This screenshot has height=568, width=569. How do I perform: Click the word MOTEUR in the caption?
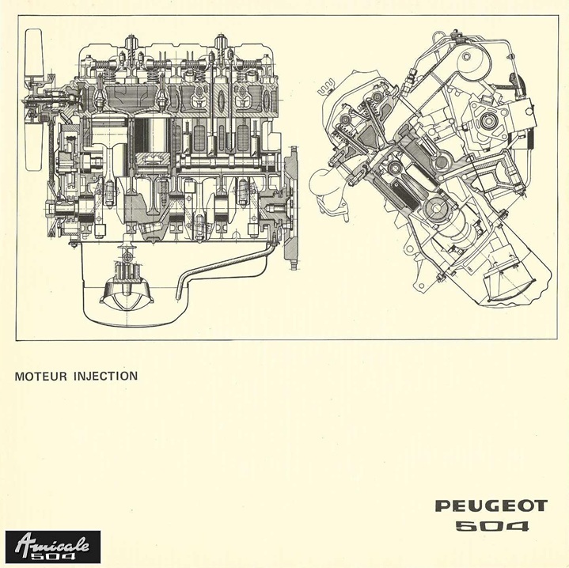(41, 376)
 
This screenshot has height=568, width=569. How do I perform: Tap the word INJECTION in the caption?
(105, 376)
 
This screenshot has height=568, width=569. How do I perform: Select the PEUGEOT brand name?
(491, 506)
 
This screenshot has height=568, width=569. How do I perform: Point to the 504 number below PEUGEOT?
(492, 526)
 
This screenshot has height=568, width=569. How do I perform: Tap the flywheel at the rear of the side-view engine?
(292, 207)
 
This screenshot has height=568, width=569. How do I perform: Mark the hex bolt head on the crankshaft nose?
(50, 210)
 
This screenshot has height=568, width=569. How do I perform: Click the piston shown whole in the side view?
(153, 135)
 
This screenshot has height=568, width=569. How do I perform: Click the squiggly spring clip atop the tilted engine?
(325, 89)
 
